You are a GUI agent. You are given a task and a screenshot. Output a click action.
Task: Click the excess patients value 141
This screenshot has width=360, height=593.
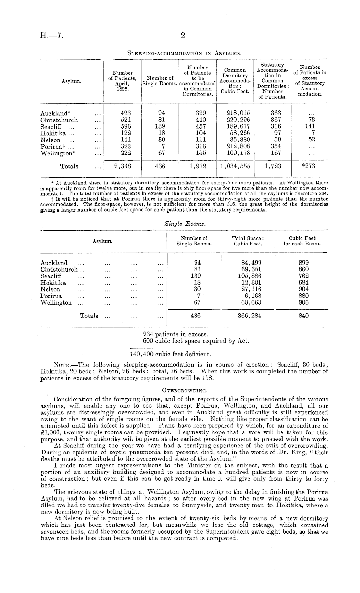tap(310, 127)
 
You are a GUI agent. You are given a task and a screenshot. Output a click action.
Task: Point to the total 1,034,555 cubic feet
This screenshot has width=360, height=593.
tap(235, 166)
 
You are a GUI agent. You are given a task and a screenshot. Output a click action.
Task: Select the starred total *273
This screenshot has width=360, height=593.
tap(308, 166)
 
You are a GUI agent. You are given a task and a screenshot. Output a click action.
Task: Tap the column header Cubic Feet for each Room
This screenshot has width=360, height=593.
tap(302, 241)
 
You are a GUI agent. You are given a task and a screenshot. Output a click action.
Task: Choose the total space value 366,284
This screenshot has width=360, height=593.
tap(248, 316)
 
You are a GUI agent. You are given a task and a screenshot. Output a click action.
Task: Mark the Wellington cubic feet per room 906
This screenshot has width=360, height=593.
tap(303, 303)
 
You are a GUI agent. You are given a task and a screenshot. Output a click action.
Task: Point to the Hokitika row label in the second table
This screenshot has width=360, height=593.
tap(53, 283)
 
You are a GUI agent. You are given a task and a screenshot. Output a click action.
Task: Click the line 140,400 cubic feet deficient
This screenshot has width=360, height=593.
tap(170, 354)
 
